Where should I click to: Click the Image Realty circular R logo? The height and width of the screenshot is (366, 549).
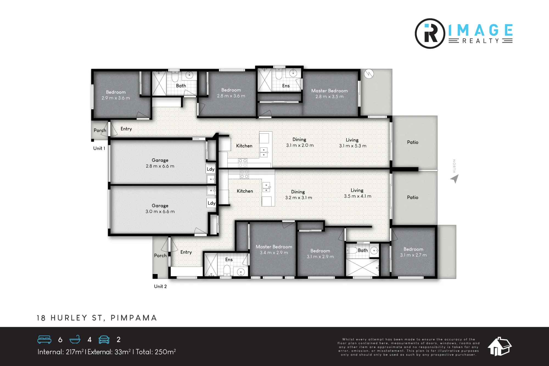pyautogui.click(x=430, y=33)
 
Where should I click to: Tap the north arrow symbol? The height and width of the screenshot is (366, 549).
pyautogui.click(x=455, y=179)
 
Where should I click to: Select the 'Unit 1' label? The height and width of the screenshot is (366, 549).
pyautogui.click(x=99, y=148)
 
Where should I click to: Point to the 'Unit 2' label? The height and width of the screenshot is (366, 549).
pyautogui.click(x=160, y=286)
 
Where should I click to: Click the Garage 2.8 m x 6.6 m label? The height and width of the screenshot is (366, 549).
pyautogui.click(x=160, y=163)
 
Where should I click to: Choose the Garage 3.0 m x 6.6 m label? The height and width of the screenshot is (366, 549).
pyautogui.click(x=160, y=208)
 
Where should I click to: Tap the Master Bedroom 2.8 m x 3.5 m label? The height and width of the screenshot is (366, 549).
pyautogui.click(x=329, y=94)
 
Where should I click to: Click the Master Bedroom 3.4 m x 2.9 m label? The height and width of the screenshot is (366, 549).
pyautogui.click(x=274, y=250)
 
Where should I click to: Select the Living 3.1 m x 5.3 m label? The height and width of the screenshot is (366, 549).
pyautogui.click(x=352, y=143)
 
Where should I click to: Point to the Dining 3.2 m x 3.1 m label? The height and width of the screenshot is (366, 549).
pyautogui.click(x=298, y=195)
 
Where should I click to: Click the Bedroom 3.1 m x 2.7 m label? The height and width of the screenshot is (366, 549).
pyautogui.click(x=413, y=252)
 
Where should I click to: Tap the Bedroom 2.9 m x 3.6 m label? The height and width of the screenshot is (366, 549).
pyautogui.click(x=116, y=95)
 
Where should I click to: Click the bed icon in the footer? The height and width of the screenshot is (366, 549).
pyautogui.click(x=44, y=340)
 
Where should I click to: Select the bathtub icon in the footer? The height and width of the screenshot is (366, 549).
pyautogui.click(x=75, y=340)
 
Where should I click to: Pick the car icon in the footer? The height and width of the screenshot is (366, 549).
pyautogui.click(x=104, y=340)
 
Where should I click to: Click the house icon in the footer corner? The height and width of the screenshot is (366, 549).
pyautogui.click(x=500, y=347)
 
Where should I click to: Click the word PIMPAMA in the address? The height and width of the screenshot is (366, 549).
pyautogui.click(x=134, y=318)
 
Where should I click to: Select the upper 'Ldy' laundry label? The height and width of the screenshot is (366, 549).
pyautogui.click(x=211, y=169)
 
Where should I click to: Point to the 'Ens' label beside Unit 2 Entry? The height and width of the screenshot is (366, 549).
pyautogui.click(x=229, y=259)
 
